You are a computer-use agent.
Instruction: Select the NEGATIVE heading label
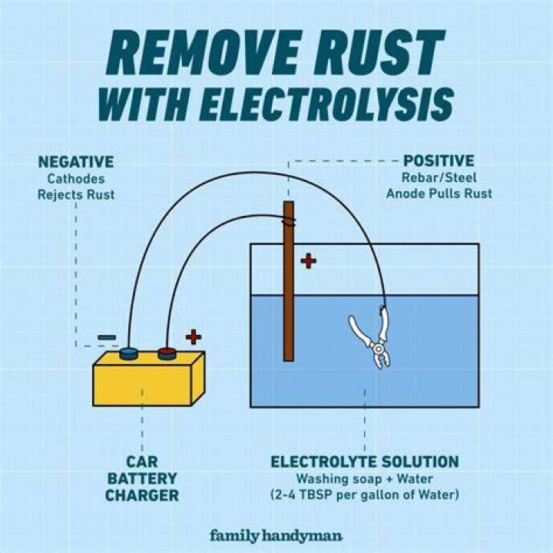76,162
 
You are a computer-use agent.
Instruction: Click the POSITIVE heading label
439,161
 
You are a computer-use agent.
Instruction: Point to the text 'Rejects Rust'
76,194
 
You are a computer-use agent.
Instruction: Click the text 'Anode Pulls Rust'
439,194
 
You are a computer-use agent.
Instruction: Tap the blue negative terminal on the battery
128,353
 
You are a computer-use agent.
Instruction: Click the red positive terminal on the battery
167,353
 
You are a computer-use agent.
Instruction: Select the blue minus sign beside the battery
107,337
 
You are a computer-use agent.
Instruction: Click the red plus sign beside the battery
194,336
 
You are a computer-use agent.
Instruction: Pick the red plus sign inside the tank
309,261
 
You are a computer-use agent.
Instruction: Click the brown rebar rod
289,281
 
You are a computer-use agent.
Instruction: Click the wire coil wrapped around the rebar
289,221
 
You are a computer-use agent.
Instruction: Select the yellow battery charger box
148,379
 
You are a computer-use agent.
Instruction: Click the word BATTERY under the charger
142,478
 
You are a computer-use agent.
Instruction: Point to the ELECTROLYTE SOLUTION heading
365,462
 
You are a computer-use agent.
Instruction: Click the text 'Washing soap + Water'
365,479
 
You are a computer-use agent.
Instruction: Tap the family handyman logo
276,536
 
